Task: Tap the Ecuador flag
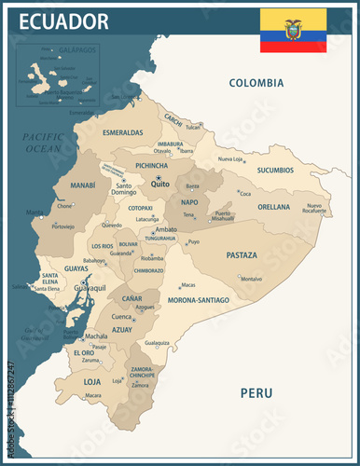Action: click(x=292, y=31)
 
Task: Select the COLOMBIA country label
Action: click(x=256, y=83)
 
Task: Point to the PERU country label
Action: click(x=256, y=392)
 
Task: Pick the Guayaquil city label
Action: click(x=85, y=289)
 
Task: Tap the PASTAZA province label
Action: click(x=242, y=254)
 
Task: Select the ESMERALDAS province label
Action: click(x=123, y=133)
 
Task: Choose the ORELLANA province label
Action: click(x=274, y=207)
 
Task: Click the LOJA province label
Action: click(x=92, y=381)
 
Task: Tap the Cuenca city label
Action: click(x=122, y=317)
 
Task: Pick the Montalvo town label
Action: click(x=251, y=279)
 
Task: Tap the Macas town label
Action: click(x=187, y=285)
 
